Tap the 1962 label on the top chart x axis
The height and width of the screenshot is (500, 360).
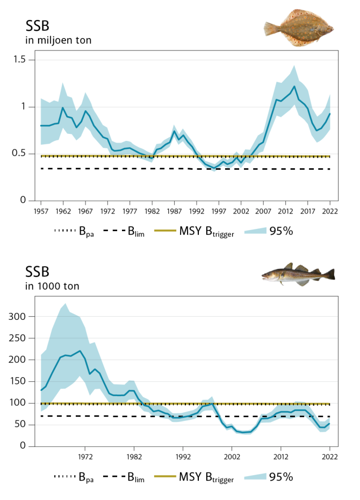(x=63, y=211)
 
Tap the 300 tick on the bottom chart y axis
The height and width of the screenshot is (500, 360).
(x=18, y=317)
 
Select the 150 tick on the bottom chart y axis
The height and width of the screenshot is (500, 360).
(x=18, y=381)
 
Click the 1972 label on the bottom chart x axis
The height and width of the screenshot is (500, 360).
(x=84, y=457)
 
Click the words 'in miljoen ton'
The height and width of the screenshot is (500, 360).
(x=59, y=40)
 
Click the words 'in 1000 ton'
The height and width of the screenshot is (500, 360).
(x=52, y=286)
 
